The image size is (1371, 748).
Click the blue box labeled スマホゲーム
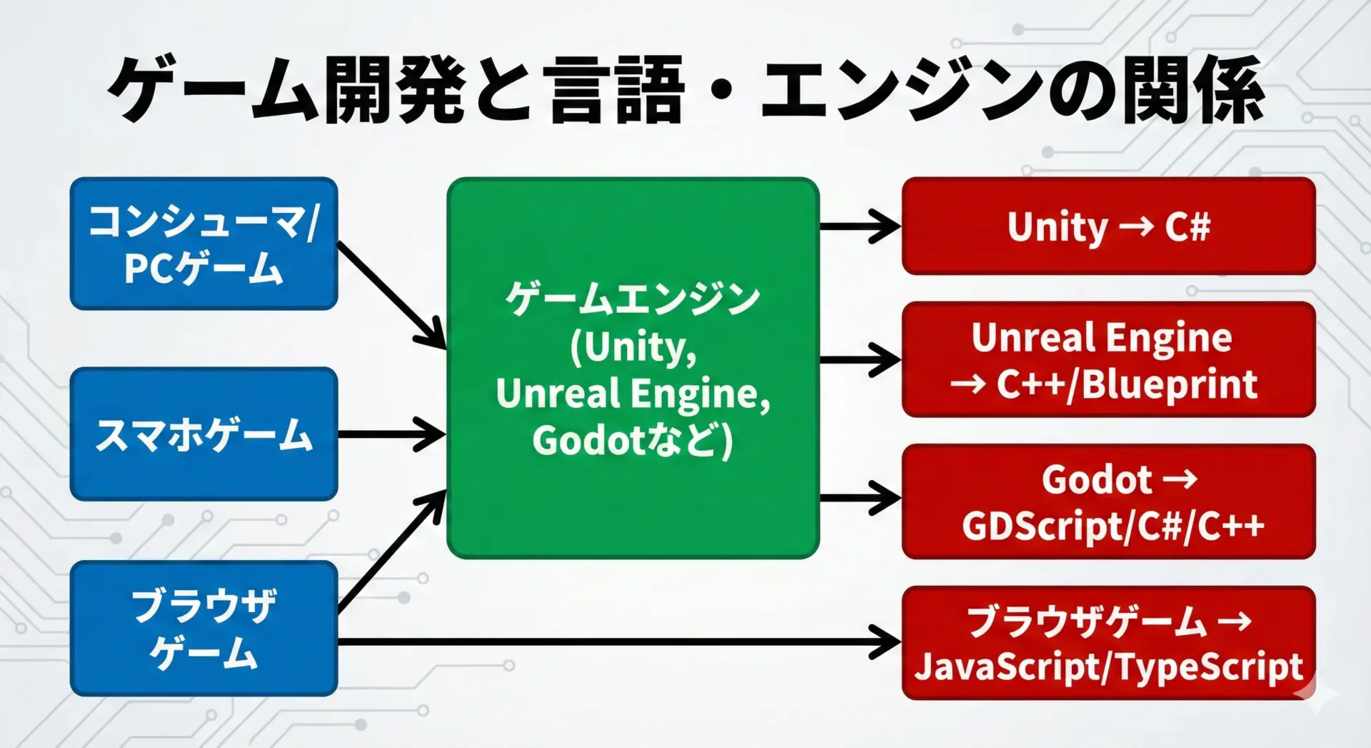[x=204, y=434]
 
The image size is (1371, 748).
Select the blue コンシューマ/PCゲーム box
[x=204, y=244]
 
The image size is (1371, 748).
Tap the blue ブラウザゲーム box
[x=204, y=628]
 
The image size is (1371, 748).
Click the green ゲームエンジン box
[x=633, y=368]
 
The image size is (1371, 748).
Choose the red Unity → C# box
[x=1108, y=226]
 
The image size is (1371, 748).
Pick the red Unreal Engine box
[x=1108, y=359]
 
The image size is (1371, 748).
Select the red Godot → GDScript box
[x=1108, y=502]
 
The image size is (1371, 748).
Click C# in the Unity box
[x=1188, y=226]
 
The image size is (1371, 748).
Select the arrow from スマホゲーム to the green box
[x=391, y=434]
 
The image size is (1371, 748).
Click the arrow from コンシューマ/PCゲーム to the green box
[x=392, y=296]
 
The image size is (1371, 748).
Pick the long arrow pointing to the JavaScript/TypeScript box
[x=619, y=642]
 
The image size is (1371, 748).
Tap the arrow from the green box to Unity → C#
[x=860, y=226]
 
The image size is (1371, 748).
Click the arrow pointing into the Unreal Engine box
[x=860, y=359]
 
